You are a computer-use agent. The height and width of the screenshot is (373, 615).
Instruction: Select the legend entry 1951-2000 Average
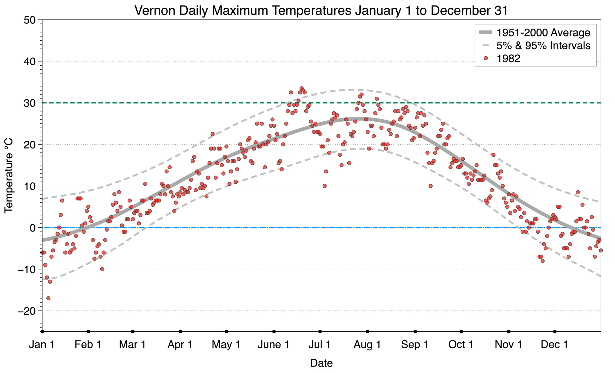click(x=543, y=33)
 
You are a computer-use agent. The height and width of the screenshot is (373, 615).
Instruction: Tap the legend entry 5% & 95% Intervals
click(x=543, y=46)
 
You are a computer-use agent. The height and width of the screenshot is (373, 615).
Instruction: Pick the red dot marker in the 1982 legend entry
click(x=485, y=58)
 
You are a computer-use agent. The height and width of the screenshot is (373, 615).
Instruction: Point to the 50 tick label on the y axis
click(x=29, y=20)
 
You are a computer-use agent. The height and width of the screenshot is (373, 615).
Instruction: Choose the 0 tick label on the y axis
click(x=33, y=228)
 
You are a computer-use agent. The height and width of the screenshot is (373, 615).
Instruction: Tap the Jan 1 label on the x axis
click(x=42, y=345)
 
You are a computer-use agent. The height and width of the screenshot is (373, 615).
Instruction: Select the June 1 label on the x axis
click(x=273, y=345)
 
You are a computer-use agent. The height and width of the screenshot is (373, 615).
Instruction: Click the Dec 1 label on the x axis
click(x=554, y=345)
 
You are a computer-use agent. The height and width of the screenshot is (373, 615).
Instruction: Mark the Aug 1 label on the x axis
click(x=367, y=345)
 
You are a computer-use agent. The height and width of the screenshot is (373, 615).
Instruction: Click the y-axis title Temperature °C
click(x=9, y=176)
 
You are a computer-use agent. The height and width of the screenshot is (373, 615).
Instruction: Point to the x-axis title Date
click(x=321, y=363)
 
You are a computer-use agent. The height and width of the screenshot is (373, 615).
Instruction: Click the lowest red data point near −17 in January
click(x=48, y=298)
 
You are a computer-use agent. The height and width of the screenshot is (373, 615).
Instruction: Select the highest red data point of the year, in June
click(x=302, y=88)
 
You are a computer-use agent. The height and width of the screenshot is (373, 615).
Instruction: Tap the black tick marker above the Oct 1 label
click(x=461, y=332)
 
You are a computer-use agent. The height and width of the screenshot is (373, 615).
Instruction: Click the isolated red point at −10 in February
click(x=102, y=269)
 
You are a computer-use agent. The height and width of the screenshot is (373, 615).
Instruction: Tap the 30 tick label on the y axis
click(x=29, y=103)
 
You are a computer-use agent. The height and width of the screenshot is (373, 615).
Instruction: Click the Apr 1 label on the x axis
click(x=180, y=345)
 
